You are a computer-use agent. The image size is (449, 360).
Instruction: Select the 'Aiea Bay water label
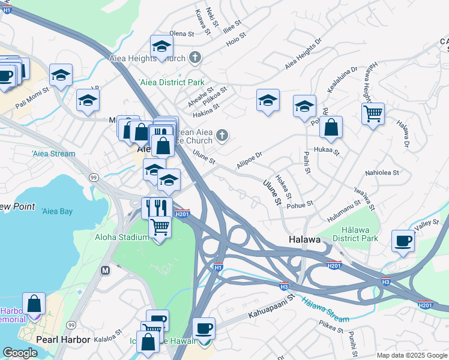click(x=57, y=211)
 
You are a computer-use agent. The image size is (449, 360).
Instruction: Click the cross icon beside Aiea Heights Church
click(x=194, y=58)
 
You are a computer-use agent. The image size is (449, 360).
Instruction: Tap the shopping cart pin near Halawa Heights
click(x=373, y=113)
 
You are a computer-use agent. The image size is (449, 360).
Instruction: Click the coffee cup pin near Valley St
click(x=403, y=241)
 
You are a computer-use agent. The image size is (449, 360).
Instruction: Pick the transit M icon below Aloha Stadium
click(x=106, y=271)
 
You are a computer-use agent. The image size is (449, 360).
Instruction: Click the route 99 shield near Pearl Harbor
click(x=71, y=325)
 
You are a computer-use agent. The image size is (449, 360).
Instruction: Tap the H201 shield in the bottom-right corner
click(x=425, y=305)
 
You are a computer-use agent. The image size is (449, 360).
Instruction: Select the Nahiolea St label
click(x=382, y=173)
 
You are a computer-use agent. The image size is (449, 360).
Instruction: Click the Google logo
click(x=20, y=353)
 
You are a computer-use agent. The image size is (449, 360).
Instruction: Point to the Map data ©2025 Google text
click(x=411, y=355)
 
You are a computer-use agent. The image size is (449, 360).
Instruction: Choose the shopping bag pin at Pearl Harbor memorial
click(x=34, y=304)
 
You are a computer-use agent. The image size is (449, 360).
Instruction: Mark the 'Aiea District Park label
click(x=172, y=82)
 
